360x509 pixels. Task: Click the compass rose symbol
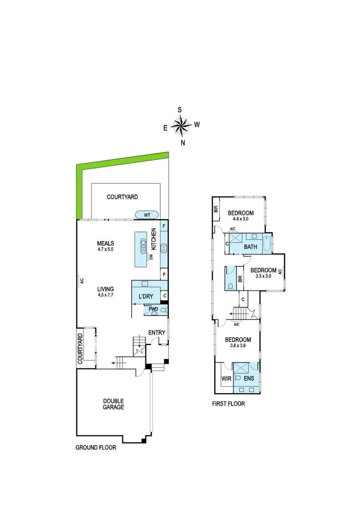[180, 125]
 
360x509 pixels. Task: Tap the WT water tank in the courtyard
[147, 215]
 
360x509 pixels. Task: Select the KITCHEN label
[153, 238]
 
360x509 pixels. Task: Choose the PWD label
[153, 310]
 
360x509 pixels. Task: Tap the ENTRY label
[156, 333]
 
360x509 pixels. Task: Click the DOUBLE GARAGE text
[114, 404]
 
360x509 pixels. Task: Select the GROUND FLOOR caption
[96, 448]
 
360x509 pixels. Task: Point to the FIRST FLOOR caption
[228, 404]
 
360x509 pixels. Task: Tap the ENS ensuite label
[248, 378]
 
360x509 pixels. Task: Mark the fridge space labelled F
[164, 226]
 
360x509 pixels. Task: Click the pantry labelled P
[164, 274]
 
